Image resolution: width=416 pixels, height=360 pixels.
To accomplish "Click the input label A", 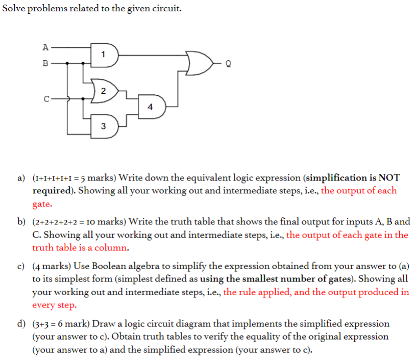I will tap(45, 47).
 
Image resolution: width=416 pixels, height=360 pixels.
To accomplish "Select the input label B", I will tap(45, 64).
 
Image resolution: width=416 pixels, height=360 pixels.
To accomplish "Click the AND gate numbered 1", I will tap(104, 55).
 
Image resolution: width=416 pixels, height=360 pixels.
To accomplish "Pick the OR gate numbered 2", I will tap(103, 91).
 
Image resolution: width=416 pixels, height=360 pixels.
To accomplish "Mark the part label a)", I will tap(21, 178).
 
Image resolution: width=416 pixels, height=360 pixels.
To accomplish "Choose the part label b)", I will tap(21, 222).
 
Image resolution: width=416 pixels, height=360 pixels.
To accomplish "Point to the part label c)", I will tap(21, 266).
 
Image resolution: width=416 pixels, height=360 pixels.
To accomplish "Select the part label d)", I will tap(21, 324).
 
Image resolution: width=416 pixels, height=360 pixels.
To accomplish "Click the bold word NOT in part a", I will tap(388, 178).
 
